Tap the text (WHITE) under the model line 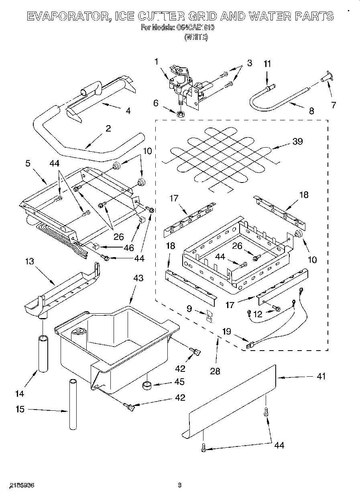pyautogui.click(x=195, y=37)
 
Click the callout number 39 pyautogui.click(x=297, y=141)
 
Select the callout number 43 pyautogui.click(x=138, y=278)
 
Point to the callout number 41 pyautogui.click(x=321, y=376)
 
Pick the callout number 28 pyautogui.click(x=215, y=371)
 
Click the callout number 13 pyautogui.click(x=30, y=262)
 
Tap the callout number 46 pyautogui.click(x=128, y=247)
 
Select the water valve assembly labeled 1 pyautogui.click(x=181, y=80)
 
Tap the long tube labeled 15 pyautogui.click(x=72, y=404)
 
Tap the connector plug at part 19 pyautogui.click(x=251, y=344)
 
